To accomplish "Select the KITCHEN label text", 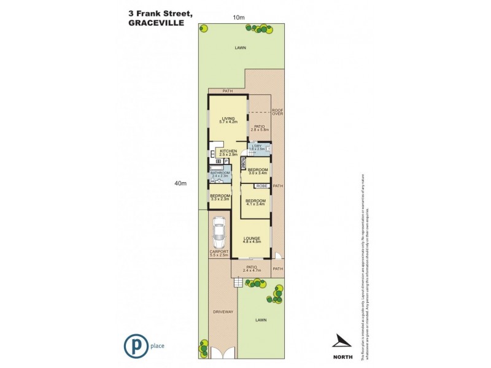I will click(x=228, y=151).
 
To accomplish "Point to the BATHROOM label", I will click(x=219, y=174).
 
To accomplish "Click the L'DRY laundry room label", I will click(x=257, y=147).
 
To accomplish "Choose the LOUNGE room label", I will click(x=252, y=238).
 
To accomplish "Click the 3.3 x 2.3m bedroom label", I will click(x=220, y=197).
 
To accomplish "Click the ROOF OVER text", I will click(x=277, y=112).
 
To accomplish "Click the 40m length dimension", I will click(x=180, y=183).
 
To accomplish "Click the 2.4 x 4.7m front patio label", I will click(x=252, y=269).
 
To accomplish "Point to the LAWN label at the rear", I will click(x=239, y=47).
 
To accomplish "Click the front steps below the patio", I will click(x=238, y=283).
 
